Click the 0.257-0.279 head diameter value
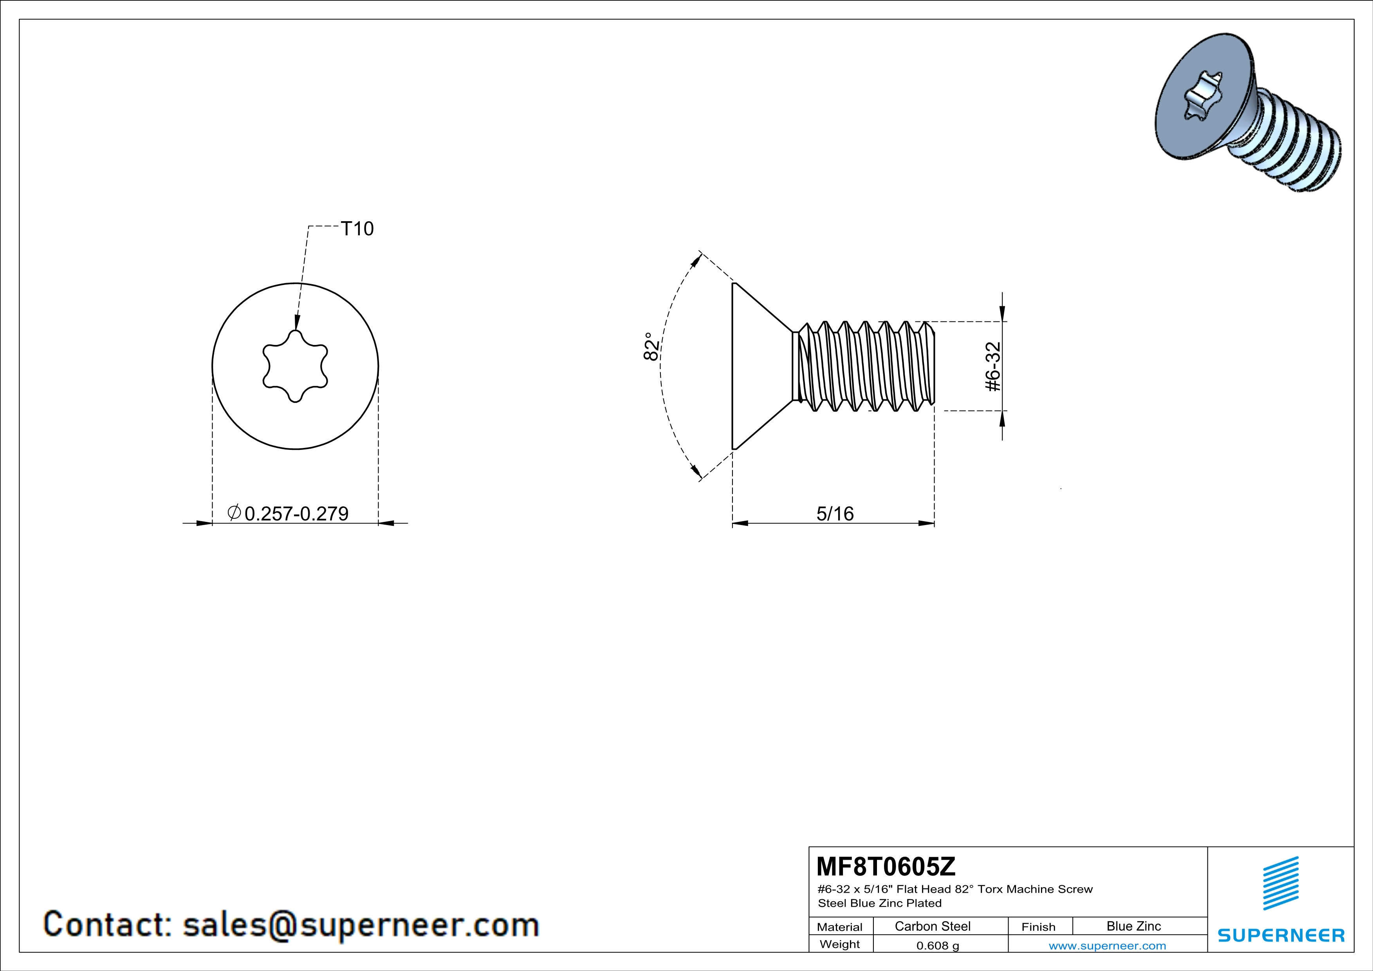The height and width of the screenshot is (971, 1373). click(x=297, y=514)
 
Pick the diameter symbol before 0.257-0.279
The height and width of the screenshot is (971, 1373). click(x=235, y=513)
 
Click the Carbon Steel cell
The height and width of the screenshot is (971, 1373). click(x=932, y=926)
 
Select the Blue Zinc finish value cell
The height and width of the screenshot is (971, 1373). click(x=1133, y=926)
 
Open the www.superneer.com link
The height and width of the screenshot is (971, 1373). click(x=1107, y=945)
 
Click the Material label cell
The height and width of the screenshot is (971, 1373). click(x=840, y=927)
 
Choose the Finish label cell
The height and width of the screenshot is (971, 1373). click(x=1038, y=927)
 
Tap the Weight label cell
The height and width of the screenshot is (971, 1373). click(x=840, y=944)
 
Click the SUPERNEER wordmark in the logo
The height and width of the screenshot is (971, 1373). click(x=1281, y=935)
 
